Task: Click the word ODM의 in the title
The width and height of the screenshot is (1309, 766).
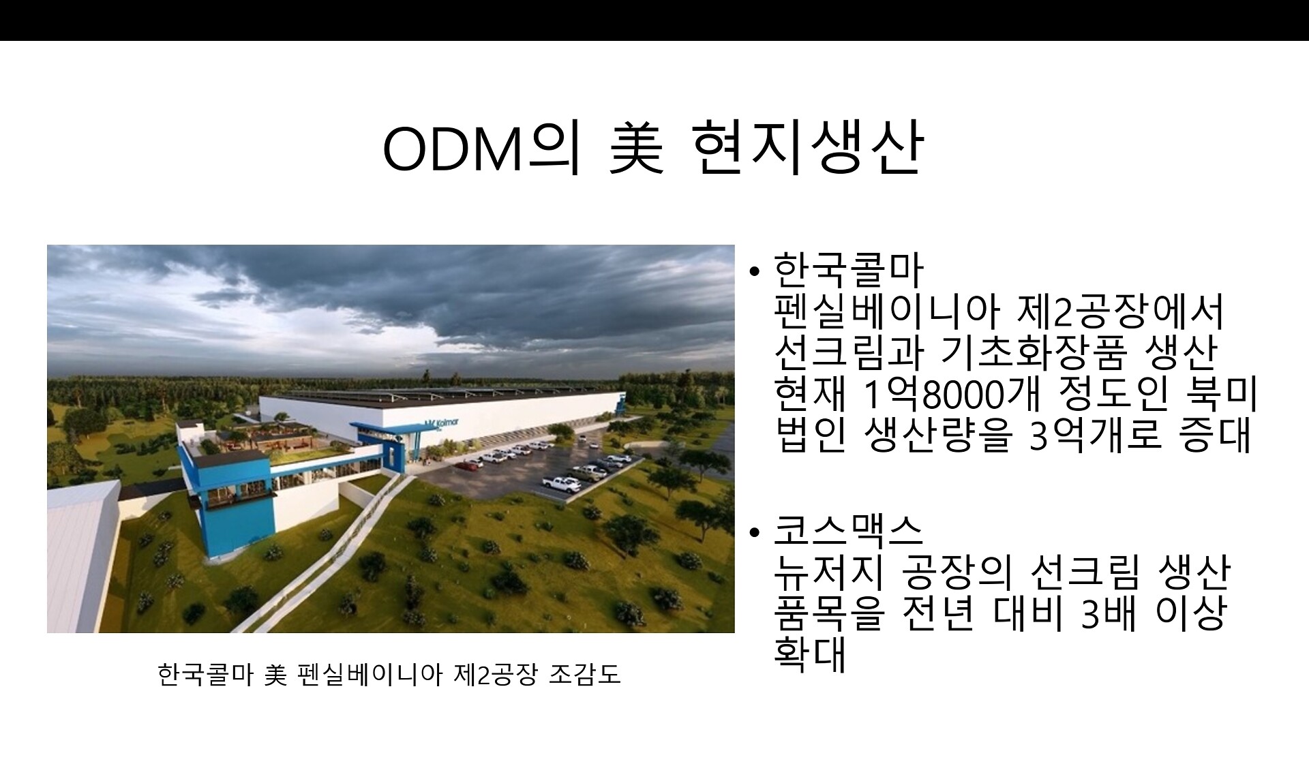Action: point(480,148)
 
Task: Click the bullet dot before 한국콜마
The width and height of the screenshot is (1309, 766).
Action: point(753,272)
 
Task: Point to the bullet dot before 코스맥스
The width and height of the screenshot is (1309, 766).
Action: point(753,532)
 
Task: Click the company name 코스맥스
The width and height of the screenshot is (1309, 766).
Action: point(848,530)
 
